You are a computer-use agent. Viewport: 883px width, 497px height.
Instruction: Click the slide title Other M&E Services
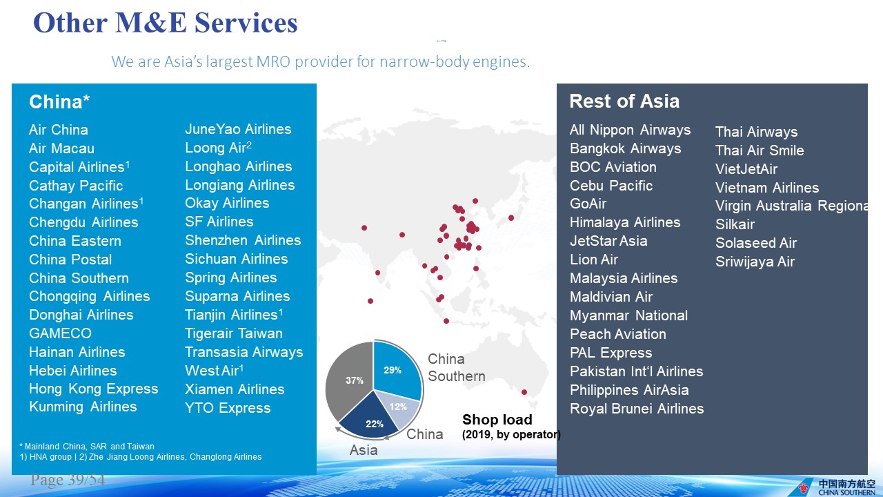coord(165,23)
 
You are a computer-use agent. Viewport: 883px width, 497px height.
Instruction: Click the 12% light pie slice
coord(399,407)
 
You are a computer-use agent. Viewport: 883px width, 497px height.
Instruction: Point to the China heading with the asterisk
coord(59,101)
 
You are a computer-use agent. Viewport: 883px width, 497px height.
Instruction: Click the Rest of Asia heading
coord(624,101)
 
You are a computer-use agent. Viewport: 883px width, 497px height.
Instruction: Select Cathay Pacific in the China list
coord(76,186)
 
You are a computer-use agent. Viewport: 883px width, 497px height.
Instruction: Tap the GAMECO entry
coord(60,333)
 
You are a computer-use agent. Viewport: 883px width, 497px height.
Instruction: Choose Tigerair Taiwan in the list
coord(234,333)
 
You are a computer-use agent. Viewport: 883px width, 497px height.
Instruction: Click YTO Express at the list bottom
coord(228,408)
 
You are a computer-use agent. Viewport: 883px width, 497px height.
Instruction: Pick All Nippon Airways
coord(630,130)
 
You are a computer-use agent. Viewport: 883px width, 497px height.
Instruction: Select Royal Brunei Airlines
coord(637,409)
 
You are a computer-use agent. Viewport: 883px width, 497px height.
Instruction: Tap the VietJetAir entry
coord(746,169)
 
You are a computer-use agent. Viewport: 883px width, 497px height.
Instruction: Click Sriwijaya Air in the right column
coord(755,262)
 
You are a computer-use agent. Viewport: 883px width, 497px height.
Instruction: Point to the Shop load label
coord(497,419)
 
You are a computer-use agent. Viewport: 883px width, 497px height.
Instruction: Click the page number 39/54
coord(68,480)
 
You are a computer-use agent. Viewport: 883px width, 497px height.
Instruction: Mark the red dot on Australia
coord(524,392)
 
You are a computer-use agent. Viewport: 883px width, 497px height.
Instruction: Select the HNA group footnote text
coord(46,457)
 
